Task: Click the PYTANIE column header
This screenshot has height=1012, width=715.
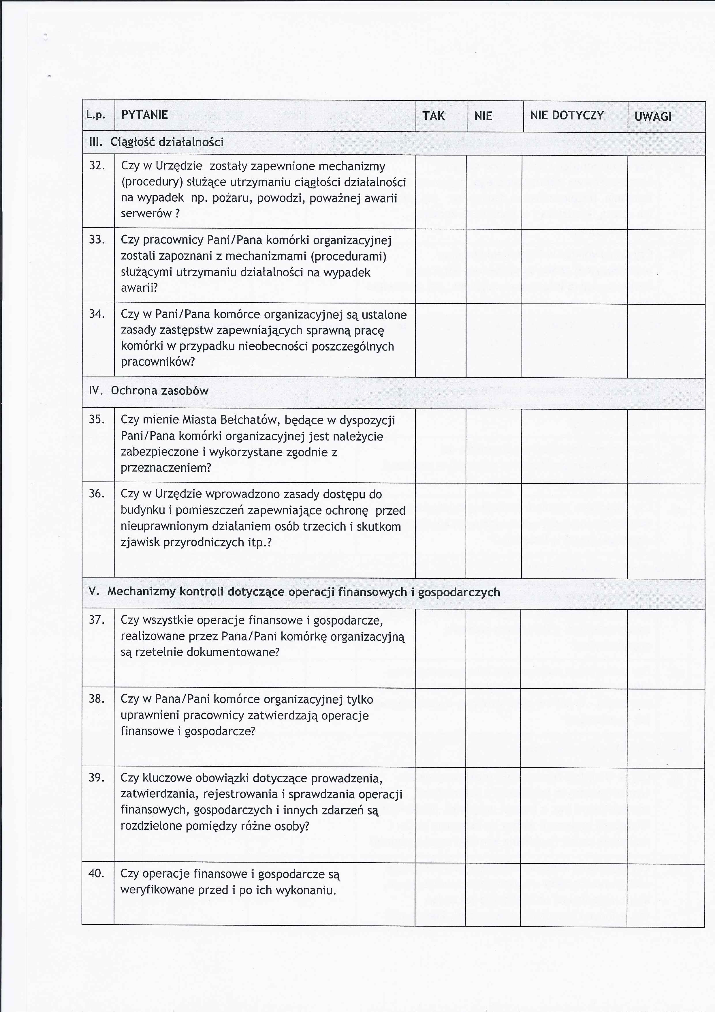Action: click(144, 115)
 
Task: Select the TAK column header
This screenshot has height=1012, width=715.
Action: click(434, 116)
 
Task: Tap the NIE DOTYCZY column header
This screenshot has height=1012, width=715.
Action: click(567, 115)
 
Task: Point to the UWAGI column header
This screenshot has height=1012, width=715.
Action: click(653, 117)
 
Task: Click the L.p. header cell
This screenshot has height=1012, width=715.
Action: click(96, 115)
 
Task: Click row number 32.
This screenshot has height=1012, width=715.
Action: click(97, 166)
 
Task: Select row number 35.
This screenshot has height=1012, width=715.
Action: click(97, 419)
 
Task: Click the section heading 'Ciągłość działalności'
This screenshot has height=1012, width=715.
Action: click(167, 143)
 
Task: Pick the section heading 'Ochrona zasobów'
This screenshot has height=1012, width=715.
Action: click(159, 391)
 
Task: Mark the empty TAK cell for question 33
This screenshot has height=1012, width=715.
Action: click(441, 266)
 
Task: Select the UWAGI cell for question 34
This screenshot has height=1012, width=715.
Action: click(666, 340)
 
